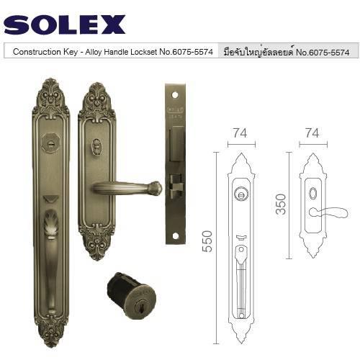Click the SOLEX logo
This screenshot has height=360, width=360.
[65, 24]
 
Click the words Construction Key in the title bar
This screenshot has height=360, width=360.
[45, 52]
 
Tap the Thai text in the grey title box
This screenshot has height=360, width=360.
[258, 52]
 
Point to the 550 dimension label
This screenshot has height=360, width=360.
[207, 241]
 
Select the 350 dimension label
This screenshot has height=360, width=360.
[281, 204]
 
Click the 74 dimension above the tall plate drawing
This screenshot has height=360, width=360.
[240, 133]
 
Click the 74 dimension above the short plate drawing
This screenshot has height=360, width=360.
[312, 133]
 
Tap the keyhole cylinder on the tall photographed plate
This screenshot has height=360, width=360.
[50, 143]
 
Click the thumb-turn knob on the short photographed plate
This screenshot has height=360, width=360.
[96, 146]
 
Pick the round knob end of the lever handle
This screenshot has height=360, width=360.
[155, 188]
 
